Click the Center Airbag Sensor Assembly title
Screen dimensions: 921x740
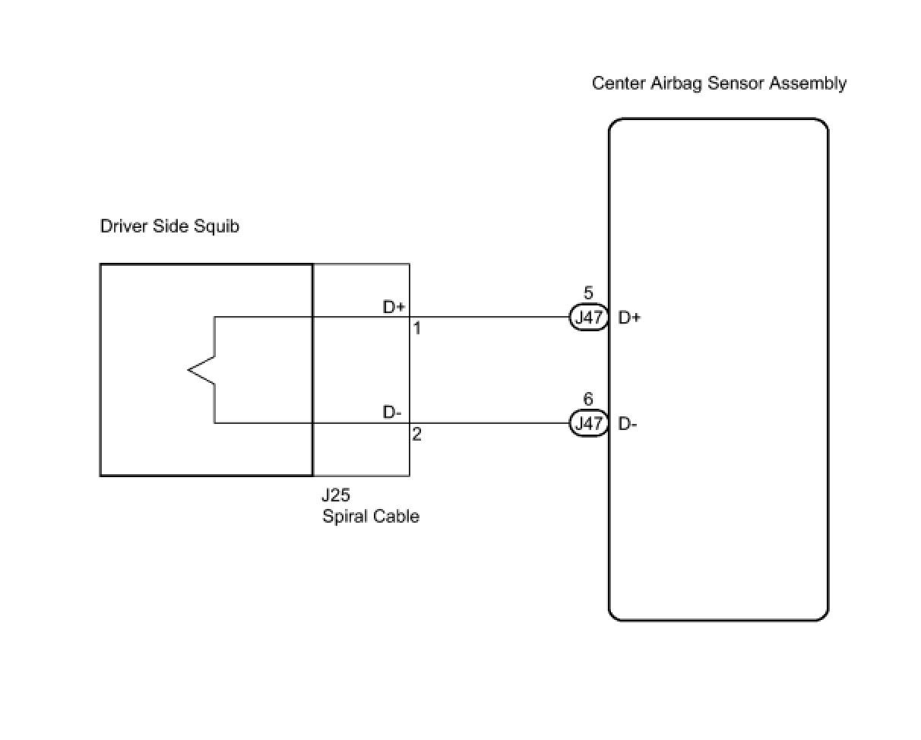pos(719,84)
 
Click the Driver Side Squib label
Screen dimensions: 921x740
pos(169,226)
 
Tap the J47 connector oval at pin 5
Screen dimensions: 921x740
pos(588,317)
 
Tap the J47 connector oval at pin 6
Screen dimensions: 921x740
pos(588,423)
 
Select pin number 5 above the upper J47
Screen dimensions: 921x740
pos(588,293)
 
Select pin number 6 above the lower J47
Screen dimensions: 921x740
pos(588,400)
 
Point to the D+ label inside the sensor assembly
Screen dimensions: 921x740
pos(629,318)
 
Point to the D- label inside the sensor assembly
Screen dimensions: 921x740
pos(628,424)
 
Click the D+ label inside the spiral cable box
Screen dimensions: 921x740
pos(394,307)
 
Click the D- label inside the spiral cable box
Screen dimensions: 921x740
pos(392,412)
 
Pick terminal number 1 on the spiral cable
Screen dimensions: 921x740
pos(417,328)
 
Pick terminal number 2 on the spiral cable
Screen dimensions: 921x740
pos(417,434)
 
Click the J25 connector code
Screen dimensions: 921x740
pos(336,495)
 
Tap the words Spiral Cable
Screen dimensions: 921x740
pos(371,517)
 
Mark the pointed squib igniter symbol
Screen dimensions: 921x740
pos(201,370)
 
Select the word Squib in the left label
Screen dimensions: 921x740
pos(216,226)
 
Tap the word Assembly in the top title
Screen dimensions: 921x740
pos(808,84)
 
